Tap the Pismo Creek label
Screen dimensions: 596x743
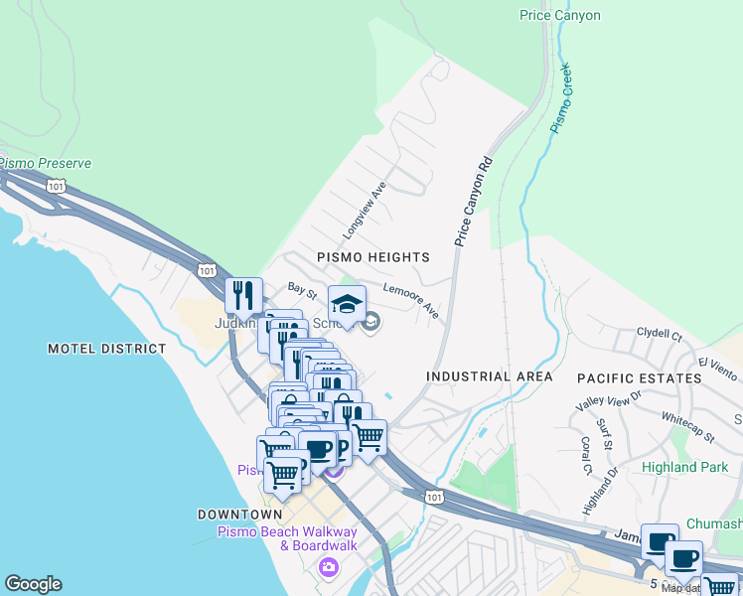click(562, 98)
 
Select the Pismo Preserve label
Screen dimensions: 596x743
click(45, 163)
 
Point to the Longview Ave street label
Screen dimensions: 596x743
click(364, 210)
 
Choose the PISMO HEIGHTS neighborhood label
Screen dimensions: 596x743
click(372, 257)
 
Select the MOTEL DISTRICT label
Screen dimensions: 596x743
click(107, 349)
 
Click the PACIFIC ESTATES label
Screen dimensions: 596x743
click(640, 378)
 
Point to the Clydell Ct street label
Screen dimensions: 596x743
click(660, 336)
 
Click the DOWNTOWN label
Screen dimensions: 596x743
click(239, 515)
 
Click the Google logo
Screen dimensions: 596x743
click(33, 584)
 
